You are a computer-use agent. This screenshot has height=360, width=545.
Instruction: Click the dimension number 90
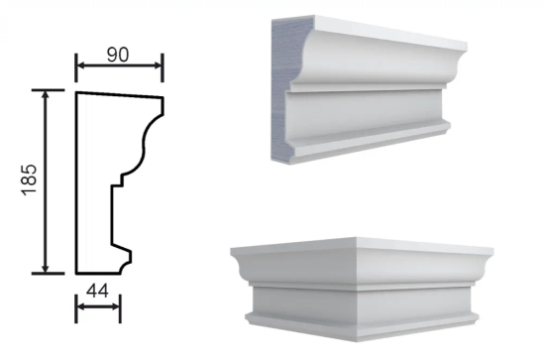coord(118,55)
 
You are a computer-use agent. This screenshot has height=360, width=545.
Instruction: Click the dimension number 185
coord(29,180)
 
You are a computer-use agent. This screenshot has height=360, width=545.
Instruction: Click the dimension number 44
coord(97,291)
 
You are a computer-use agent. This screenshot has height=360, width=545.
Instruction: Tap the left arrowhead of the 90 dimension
coord(81,65)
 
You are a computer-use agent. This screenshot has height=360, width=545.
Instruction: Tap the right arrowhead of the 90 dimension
coord(158,65)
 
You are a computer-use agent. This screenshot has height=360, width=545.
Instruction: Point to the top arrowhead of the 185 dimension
coord(46,95)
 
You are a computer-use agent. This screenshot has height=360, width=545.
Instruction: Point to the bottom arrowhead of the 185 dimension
coord(46,269)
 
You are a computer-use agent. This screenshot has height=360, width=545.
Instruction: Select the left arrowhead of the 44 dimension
coord(81,306)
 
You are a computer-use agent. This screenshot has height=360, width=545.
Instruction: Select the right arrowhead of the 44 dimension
coord(115,306)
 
